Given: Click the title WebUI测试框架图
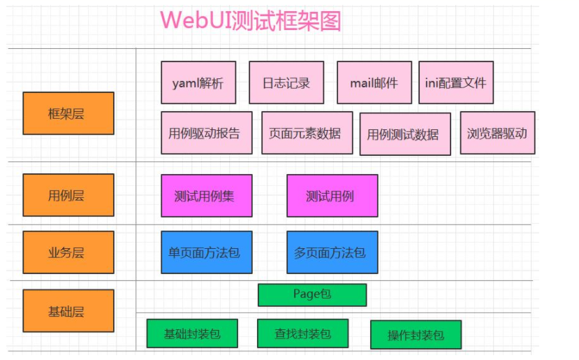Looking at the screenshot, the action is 250,20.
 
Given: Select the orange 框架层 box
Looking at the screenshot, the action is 68,113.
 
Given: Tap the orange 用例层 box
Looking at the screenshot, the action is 68,195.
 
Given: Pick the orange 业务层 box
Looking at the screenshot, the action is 68,252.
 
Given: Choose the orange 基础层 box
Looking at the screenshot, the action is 68,311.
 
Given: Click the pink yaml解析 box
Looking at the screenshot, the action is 198,82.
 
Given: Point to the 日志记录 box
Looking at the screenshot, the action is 286,82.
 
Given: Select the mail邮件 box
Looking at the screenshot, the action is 374,82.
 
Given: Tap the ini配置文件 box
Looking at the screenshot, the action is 456,82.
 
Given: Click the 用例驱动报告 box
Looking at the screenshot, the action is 207,133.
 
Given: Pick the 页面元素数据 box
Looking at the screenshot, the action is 307,133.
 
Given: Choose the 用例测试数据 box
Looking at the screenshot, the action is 405,134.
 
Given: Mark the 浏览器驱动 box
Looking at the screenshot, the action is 497,133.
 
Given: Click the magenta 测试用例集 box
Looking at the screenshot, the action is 207,196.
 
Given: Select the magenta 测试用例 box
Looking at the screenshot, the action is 332,196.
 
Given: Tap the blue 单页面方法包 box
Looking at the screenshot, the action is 207,252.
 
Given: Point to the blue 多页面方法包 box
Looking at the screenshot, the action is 332,252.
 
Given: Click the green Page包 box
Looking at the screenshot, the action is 312,295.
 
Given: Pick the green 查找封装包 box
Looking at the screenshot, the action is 303,333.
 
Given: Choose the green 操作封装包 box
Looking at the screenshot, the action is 416,335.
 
